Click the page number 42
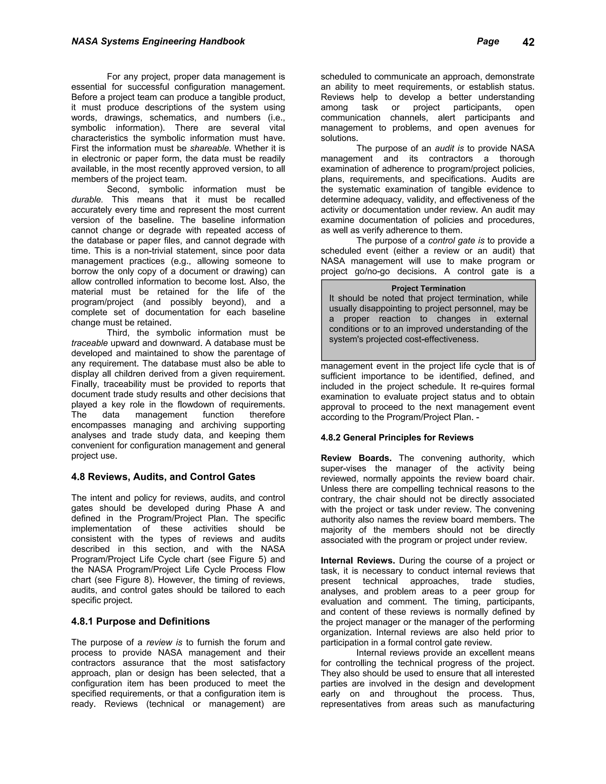pyautogui.click(x=528, y=42)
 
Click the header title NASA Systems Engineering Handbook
pyautogui.click(x=158, y=41)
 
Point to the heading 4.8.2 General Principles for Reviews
pyautogui.click(x=397, y=438)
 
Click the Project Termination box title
pyautogui.click(x=428, y=288)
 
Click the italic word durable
pyautogui.click(x=87, y=200)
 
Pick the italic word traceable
pyautogui.click(x=89, y=343)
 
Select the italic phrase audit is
pyautogui.click(x=449, y=149)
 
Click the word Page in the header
pyautogui.click(x=488, y=41)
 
